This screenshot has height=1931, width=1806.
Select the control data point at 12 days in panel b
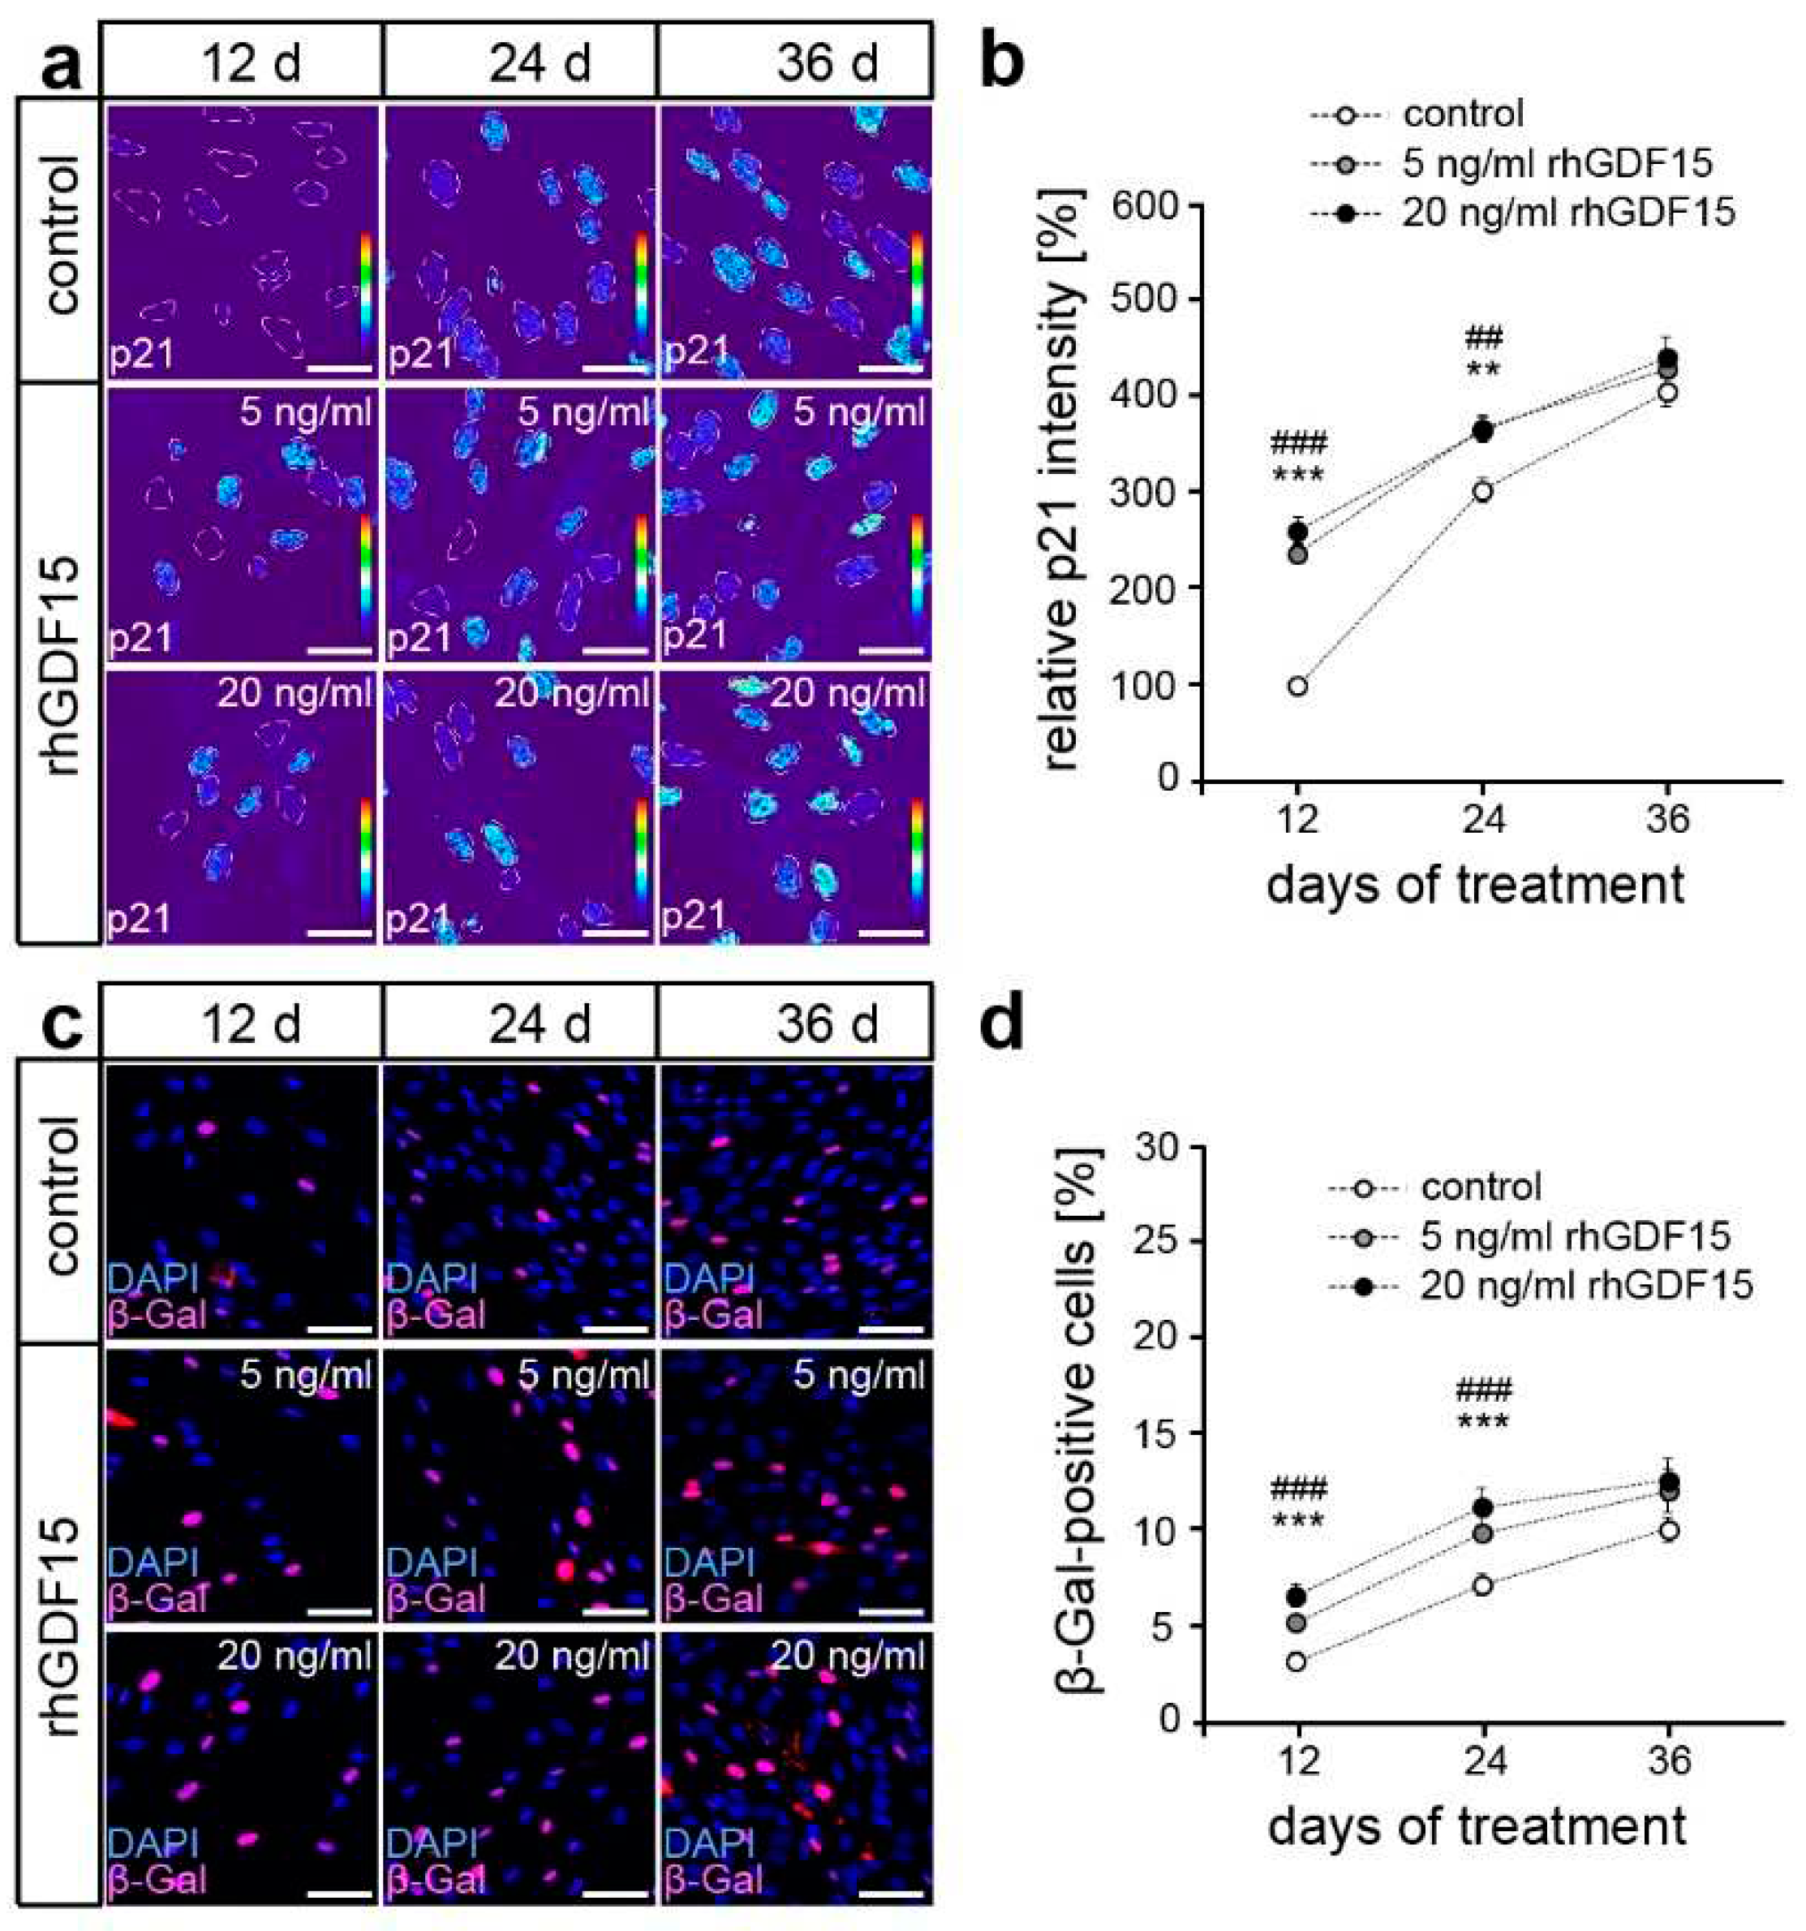tap(1297, 686)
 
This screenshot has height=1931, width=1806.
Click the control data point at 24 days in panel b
tap(1482, 490)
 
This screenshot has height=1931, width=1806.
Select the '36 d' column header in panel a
tap(826, 63)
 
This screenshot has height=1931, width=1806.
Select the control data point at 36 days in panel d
tap(1668, 1530)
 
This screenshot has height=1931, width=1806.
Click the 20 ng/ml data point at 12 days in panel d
tap(1297, 1595)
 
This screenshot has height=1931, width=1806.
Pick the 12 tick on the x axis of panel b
tap(1297, 819)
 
